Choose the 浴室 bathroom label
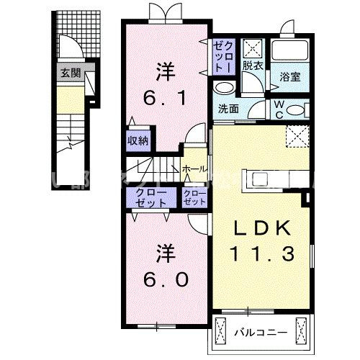pyautogui.click(x=289, y=76)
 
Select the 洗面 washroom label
pyautogui.click(x=229, y=109)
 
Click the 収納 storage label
pyautogui.click(x=138, y=140)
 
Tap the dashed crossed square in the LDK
pyautogui.click(x=294, y=135)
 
